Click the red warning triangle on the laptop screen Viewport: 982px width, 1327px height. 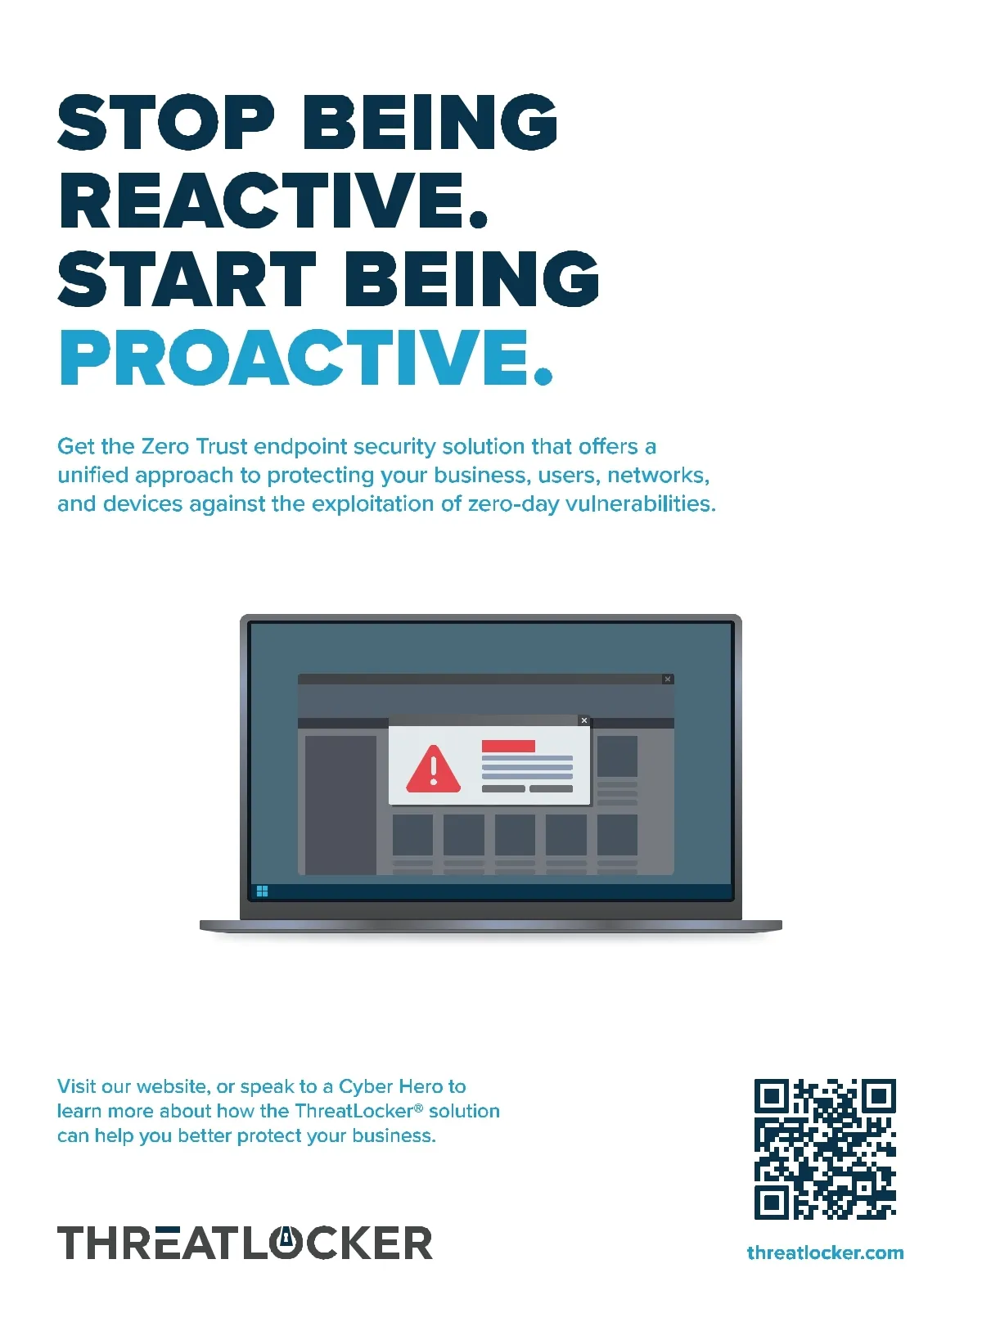click(x=433, y=769)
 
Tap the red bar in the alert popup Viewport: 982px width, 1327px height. click(x=508, y=746)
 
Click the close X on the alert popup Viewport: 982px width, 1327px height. click(x=583, y=720)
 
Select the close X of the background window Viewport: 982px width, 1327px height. click(x=668, y=679)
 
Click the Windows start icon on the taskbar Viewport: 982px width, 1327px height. click(x=263, y=891)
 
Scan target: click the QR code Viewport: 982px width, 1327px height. click(x=825, y=1149)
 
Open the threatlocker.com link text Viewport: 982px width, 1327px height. click(x=825, y=1253)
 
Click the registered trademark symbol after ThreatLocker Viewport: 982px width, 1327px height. click(x=419, y=1108)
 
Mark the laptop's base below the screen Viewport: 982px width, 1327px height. click(x=491, y=926)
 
